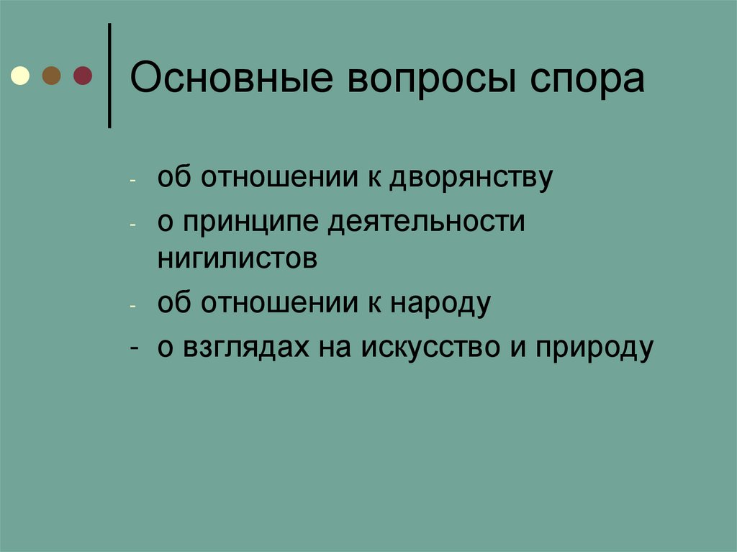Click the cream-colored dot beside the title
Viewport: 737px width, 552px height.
tap(20, 76)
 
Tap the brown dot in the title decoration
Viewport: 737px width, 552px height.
tap(51, 76)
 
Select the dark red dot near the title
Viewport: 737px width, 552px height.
tap(82, 76)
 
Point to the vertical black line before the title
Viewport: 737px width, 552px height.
tap(109, 76)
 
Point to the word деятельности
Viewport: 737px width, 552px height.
tap(428, 222)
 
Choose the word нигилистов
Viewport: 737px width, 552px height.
tap(238, 257)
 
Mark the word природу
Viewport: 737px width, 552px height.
tap(594, 348)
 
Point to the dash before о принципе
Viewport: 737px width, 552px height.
tap(133, 224)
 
